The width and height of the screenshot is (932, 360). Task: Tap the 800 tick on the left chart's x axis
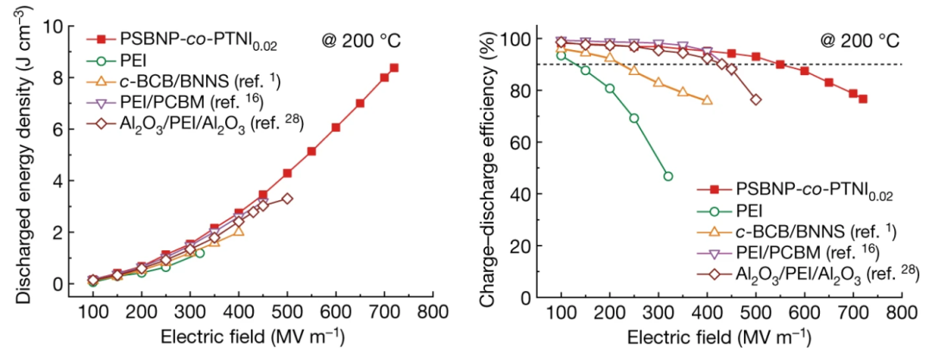click(432, 313)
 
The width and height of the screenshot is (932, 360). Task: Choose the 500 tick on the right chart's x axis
click(755, 313)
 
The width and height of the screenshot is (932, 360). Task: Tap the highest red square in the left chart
click(394, 68)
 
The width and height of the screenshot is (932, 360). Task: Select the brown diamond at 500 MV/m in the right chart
click(756, 100)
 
